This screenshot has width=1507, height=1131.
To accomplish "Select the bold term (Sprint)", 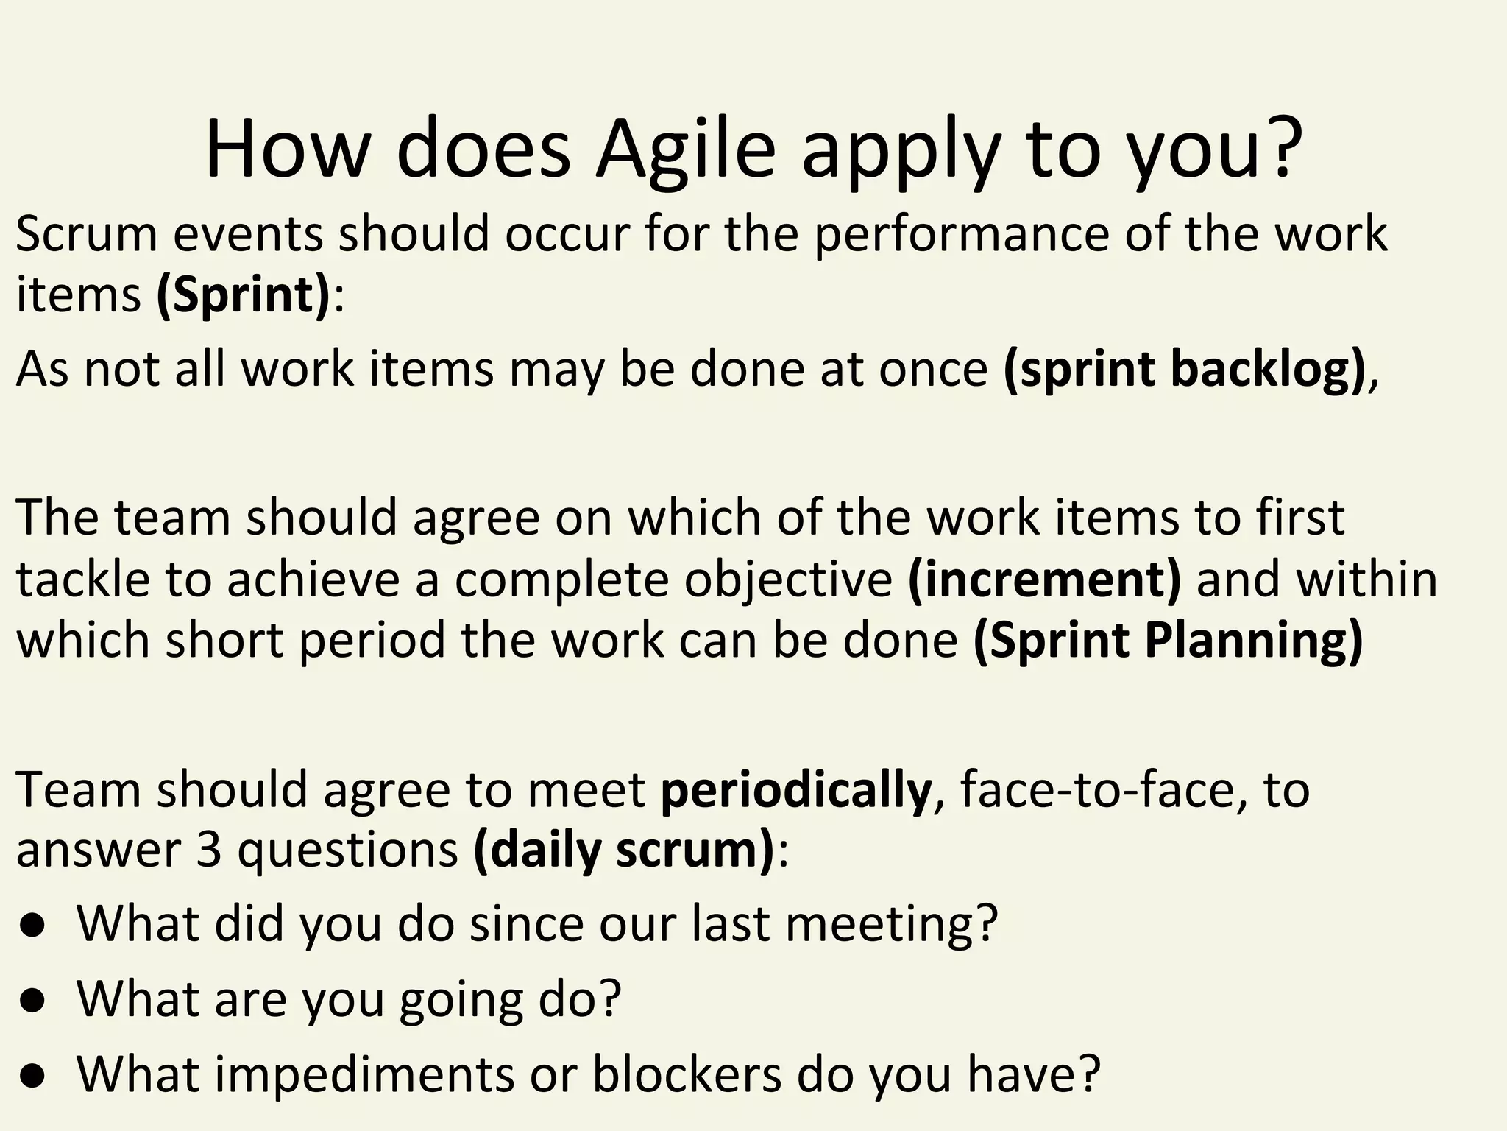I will [244, 295].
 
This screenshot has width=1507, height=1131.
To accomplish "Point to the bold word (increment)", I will [1044, 578].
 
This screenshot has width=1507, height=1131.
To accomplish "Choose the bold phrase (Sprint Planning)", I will [1169, 639].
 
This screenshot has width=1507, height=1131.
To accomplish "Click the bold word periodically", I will [796, 789].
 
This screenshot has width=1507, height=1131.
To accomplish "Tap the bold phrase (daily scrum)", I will [624, 850].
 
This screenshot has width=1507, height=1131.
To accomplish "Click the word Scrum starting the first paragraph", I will [87, 234].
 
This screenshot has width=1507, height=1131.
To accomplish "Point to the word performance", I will [961, 234].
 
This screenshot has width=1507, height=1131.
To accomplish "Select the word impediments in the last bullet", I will [364, 1074].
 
